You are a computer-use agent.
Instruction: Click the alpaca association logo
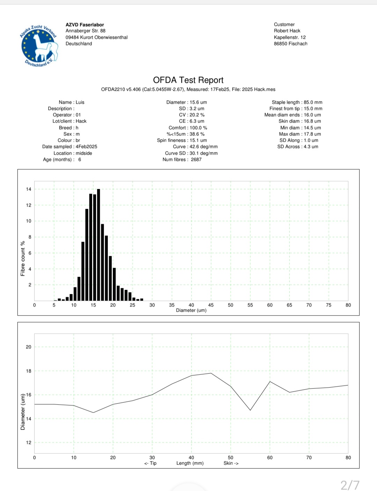click(x=39, y=46)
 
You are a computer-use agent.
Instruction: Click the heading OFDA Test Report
click(x=188, y=80)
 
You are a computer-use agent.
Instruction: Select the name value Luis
click(x=80, y=102)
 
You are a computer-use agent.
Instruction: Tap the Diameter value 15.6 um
click(x=198, y=102)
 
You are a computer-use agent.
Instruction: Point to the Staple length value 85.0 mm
click(x=313, y=102)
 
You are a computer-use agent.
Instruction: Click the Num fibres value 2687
click(x=196, y=159)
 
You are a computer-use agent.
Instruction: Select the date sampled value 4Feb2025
click(x=86, y=147)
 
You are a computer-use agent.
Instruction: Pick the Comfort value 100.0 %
click(x=198, y=128)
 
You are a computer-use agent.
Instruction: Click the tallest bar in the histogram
click(x=98, y=245)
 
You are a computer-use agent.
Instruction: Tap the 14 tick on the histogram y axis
click(x=29, y=189)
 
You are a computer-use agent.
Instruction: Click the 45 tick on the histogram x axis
click(x=211, y=305)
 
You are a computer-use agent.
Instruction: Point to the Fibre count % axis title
click(x=23, y=259)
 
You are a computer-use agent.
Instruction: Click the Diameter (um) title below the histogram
click(x=191, y=310)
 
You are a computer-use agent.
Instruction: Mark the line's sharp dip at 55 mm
click(x=250, y=410)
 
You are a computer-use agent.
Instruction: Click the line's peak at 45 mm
click(x=211, y=373)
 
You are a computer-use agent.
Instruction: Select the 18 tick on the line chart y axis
click(x=29, y=371)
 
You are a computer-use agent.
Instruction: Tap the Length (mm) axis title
click(x=190, y=463)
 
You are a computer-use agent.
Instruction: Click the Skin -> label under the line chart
click(x=231, y=463)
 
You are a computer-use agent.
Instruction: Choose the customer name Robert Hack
click(x=287, y=31)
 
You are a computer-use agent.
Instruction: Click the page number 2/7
click(x=350, y=485)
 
